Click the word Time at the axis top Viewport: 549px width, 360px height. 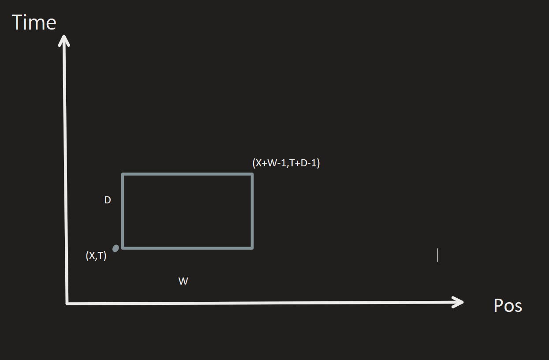[x=34, y=22]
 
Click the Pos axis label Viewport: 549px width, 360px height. [x=508, y=306]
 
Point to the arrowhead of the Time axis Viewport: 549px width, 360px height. [x=64, y=39]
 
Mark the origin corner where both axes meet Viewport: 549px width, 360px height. [x=67, y=304]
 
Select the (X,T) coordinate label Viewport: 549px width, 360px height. [x=96, y=256]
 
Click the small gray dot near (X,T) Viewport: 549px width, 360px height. [x=116, y=248]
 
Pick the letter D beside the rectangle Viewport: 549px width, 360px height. [x=108, y=200]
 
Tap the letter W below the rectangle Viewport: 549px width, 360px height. [x=183, y=281]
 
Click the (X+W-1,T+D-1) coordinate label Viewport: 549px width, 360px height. [x=286, y=163]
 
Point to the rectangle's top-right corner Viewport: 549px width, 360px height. [x=252, y=175]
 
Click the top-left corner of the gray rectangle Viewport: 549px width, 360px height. [x=123, y=175]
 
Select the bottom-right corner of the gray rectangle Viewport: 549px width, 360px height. [x=252, y=247]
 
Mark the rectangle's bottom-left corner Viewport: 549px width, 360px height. [x=123, y=247]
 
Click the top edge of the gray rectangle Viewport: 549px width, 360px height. [x=187, y=175]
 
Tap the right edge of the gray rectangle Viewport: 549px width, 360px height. [x=252, y=211]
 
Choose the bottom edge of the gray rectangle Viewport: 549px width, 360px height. [x=187, y=247]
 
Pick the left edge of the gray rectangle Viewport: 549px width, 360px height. [x=123, y=211]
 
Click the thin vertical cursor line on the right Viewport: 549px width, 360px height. [x=437, y=255]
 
